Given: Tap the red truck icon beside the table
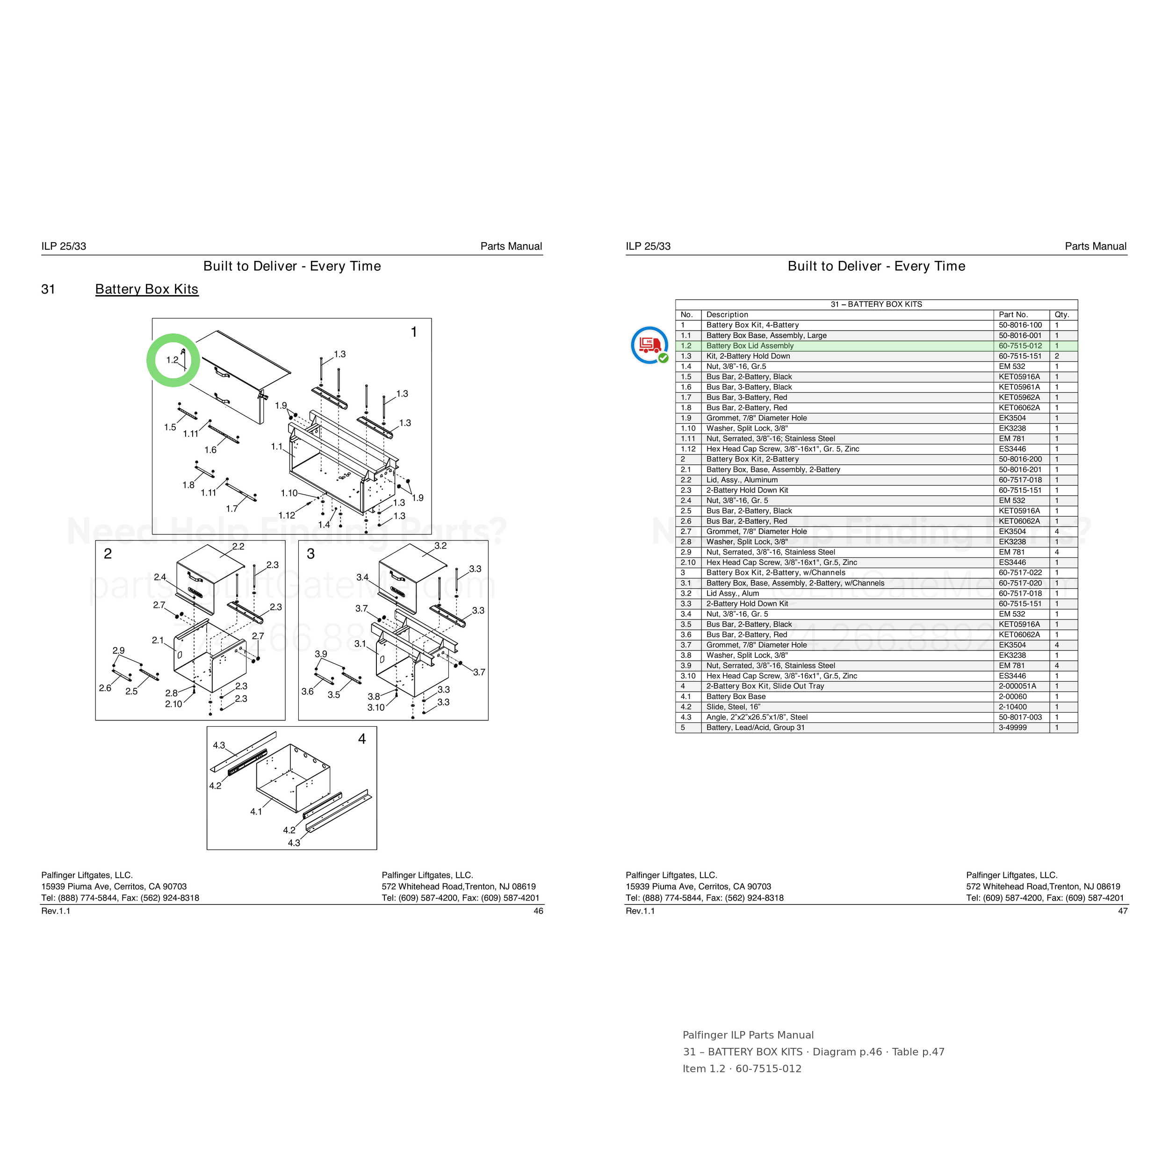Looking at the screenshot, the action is click(x=649, y=344).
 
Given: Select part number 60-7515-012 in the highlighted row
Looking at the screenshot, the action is click(x=1020, y=346).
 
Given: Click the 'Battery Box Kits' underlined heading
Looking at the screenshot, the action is click(x=146, y=289).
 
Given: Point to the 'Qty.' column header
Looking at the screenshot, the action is click(x=1062, y=315).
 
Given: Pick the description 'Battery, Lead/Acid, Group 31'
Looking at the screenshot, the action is click(x=755, y=727).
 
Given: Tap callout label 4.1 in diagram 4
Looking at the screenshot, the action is click(x=256, y=811).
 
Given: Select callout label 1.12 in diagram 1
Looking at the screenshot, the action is click(x=287, y=515).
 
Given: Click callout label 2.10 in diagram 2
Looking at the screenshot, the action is click(x=173, y=704).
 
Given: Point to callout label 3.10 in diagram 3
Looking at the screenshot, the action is click(x=376, y=707).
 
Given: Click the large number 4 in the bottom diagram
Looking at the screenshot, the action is click(x=362, y=739).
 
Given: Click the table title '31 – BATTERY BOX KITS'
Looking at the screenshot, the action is click(x=876, y=304).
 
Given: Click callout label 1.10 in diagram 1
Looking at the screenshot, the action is click(x=289, y=493).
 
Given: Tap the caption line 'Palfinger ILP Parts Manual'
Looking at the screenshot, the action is click(x=748, y=1035).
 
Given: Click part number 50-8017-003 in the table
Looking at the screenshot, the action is click(x=1020, y=717).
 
